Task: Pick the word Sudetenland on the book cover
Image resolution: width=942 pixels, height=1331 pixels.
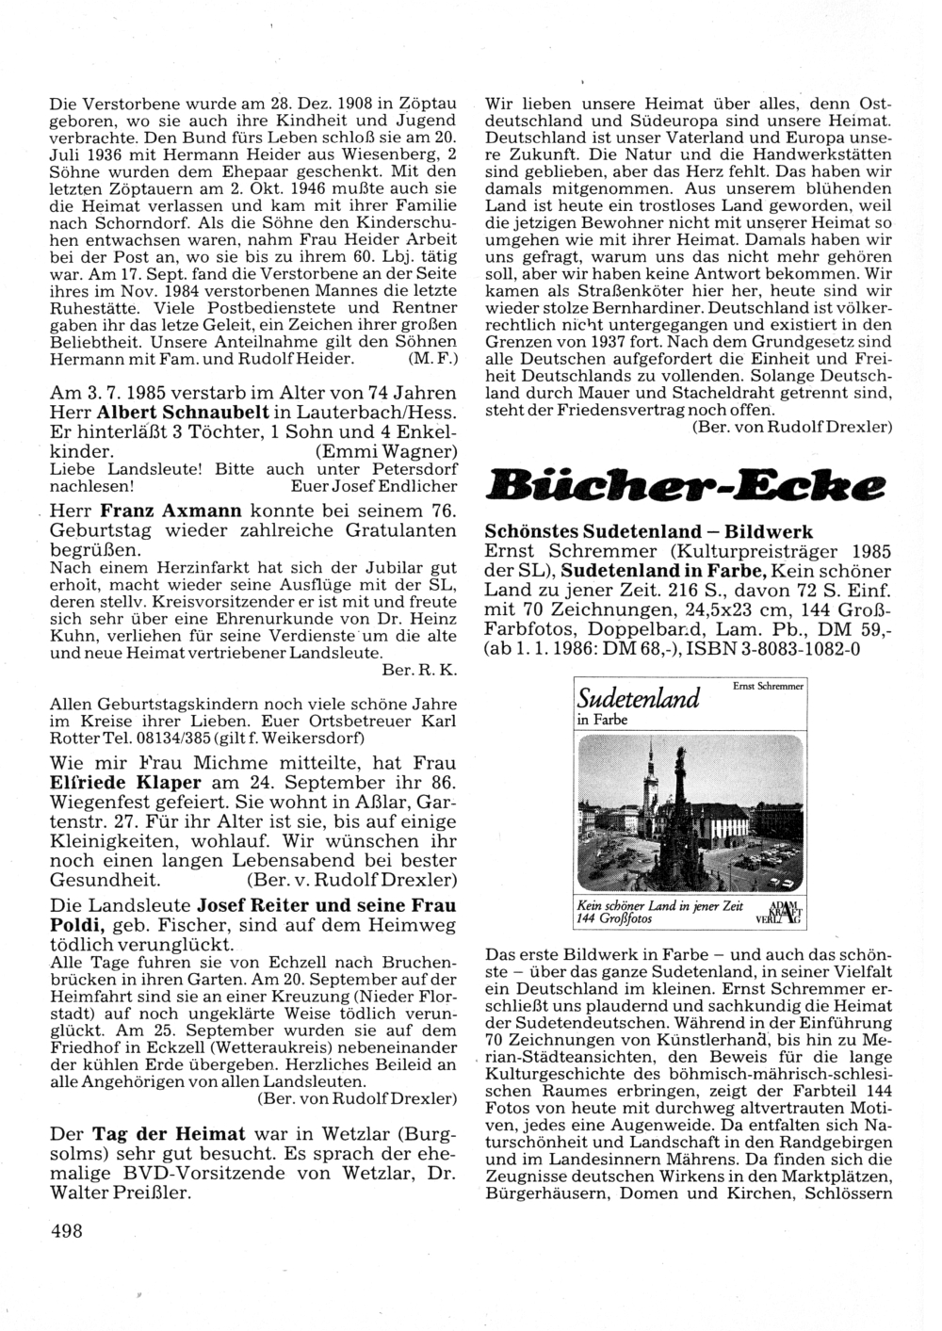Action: pos(639,698)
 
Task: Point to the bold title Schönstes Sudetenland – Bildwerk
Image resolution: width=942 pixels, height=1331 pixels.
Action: pos(648,533)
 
